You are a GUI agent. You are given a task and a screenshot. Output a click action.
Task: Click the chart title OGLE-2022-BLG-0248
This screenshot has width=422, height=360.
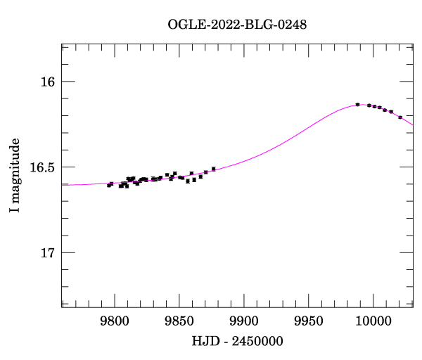tap(237, 25)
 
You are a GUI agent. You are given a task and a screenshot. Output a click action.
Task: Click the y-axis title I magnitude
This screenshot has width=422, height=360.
tap(15, 176)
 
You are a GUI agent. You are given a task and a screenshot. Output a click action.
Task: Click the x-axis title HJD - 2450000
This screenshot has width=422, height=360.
tap(237, 342)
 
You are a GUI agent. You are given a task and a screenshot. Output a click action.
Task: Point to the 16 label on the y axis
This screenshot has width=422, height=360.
tap(48, 82)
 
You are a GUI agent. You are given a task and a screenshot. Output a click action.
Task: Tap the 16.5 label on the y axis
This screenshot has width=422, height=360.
tap(43, 167)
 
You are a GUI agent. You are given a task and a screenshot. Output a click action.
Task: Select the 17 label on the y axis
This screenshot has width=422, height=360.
tap(48, 252)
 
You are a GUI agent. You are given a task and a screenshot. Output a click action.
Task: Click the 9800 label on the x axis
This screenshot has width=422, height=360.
tap(114, 323)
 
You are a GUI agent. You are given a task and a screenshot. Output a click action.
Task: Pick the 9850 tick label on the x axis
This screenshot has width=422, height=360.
tap(179, 323)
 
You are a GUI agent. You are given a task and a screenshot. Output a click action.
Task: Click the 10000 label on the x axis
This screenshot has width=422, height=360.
tap(373, 323)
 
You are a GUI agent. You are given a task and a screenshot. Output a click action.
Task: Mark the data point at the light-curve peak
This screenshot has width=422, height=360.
tap(357, 104)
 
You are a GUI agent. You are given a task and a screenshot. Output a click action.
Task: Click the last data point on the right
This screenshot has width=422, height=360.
tap(400, 117)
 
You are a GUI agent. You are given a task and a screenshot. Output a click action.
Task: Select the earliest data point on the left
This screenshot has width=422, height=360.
tap(108, 186)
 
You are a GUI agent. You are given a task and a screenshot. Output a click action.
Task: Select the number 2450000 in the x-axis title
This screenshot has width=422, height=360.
tap(255, 342)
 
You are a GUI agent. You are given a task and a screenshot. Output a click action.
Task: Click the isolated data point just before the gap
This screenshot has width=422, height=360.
tap(213, 169)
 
